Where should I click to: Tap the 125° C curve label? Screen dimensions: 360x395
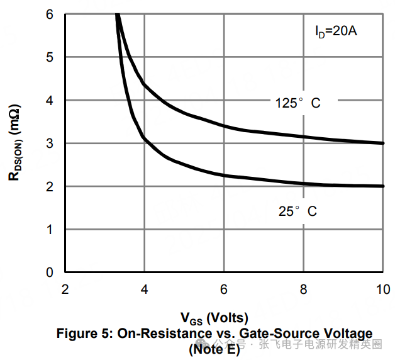point(298,103)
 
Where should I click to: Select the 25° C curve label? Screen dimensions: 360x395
point(298,211)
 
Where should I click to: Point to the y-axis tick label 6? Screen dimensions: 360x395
point(50,14)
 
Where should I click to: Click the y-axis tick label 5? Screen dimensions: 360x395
point(50,57)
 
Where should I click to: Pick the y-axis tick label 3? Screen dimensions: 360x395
point(50,143)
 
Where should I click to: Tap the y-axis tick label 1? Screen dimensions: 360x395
point(50,229)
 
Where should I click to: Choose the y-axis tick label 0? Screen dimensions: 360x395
point(50,272)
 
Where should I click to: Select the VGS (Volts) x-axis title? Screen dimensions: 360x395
point(214,317)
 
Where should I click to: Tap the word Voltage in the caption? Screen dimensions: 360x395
point(345,334)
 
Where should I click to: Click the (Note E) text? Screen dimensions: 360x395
point(214,349)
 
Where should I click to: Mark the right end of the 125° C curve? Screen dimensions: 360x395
point(383,143)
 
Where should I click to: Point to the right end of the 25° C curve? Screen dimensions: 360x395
point(383,186)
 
